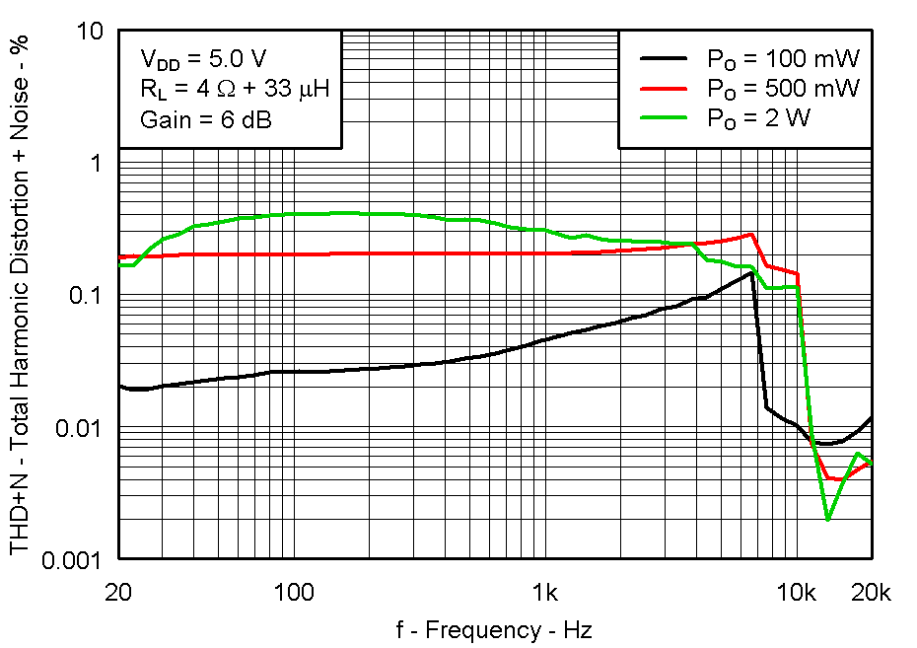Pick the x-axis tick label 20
[118, 593]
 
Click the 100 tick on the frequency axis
[293, 593]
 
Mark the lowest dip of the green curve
[828, 519]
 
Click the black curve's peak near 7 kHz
[752, 273]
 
